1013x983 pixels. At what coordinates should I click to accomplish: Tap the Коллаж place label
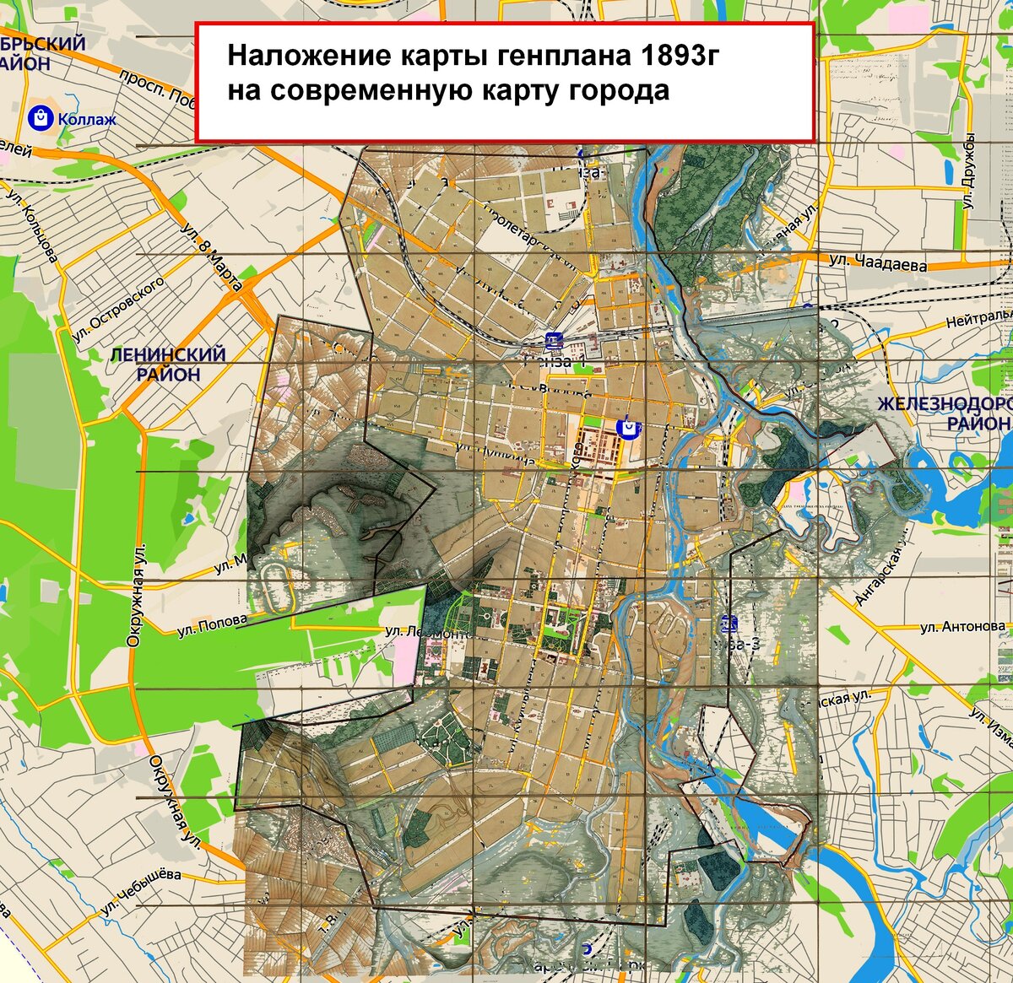pos(87,119)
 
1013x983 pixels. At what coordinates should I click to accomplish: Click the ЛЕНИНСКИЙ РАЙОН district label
pos(169,364)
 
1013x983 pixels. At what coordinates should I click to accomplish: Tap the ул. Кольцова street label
pos(33,223)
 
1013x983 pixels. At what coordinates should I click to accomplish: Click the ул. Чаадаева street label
pos(877,262)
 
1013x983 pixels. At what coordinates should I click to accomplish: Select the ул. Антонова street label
pos(962,627)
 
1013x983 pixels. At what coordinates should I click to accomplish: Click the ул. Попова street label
pos(212,625)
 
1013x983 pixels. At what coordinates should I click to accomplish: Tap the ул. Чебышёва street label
pos(140,893)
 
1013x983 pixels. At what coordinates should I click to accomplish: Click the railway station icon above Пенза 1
pos(554,341)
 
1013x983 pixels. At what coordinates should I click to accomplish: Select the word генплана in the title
pos(566,57)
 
